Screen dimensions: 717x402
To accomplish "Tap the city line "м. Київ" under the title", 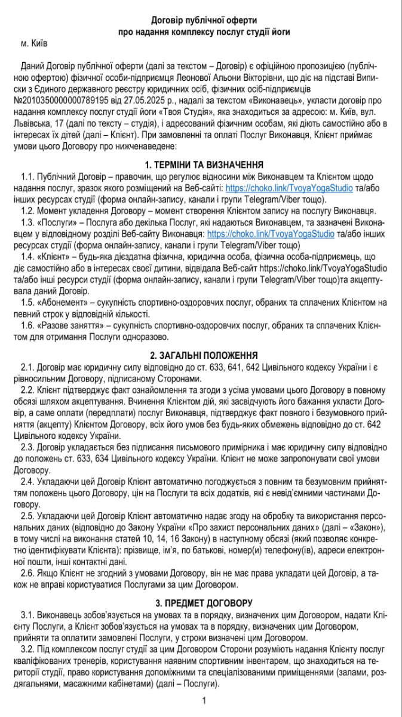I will pos(33,44).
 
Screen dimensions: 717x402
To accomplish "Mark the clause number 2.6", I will pos(27,574).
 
